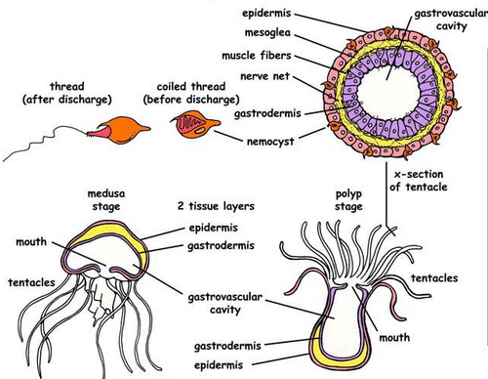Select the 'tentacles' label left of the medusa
click(x=32, y=282)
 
